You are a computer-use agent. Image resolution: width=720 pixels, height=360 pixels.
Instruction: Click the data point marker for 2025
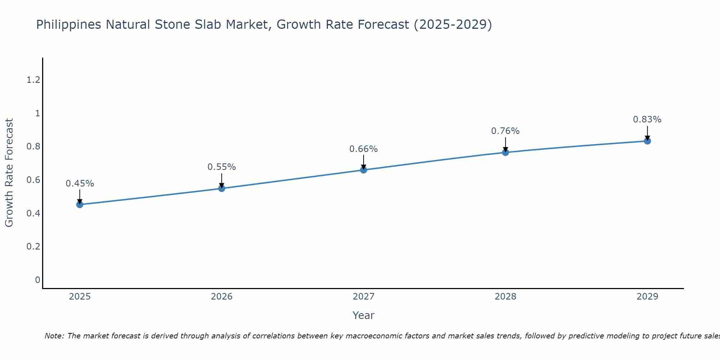[x=80, y=204]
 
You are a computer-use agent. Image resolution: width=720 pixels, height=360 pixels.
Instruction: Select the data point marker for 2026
[x=222, y=188]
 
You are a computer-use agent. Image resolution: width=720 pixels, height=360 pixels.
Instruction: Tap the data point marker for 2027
[x=364, y=170]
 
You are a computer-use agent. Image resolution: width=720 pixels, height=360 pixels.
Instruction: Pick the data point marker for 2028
[x=505, y=152]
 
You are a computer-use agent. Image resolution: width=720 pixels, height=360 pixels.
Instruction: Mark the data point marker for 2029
[x=647, y=141]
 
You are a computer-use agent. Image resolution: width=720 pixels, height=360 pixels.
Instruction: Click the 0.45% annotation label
[x=80, y=184]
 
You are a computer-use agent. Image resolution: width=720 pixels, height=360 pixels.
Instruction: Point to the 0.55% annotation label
[x=222, y=167]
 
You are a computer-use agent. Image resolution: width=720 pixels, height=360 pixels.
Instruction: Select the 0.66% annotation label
[x=364, y=149]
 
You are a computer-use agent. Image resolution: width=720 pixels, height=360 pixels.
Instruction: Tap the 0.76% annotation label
[x=505, y=131]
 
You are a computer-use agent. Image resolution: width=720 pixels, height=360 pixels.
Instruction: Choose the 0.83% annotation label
[x=647, y=120]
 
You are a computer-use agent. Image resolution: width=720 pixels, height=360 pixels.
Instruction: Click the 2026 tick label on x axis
[x=222, y=297]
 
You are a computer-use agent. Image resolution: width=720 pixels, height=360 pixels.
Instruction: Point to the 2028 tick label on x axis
[x=505, y=297]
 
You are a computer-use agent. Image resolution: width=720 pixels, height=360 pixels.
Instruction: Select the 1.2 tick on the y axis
[x=33, y=80]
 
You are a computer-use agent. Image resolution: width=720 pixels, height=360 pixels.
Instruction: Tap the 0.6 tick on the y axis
[x=33, y=180]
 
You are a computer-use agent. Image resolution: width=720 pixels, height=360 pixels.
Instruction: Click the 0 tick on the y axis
[x=37, y=280]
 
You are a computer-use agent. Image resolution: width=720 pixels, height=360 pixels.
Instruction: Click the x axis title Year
[x=364, y=315]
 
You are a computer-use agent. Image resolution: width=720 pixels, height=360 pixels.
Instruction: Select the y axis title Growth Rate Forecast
[x=9, y=173]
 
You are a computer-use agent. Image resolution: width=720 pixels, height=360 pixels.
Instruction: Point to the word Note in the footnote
[x=54, y=336]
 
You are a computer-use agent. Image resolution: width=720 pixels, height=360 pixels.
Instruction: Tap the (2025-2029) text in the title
[x=453, y=25]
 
